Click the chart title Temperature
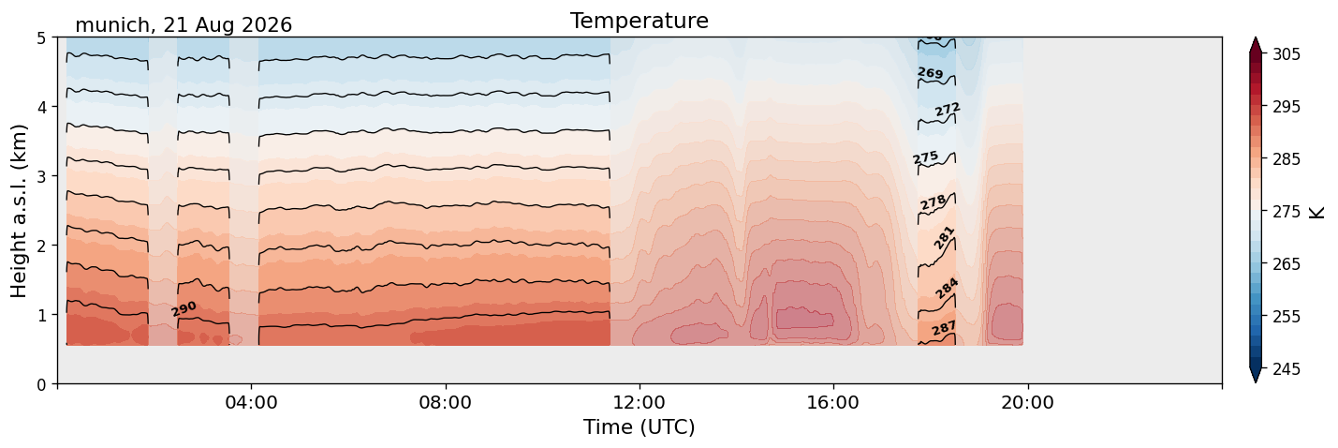pos(640,21)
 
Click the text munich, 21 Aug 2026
pos(184,25)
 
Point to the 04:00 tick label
pos(252,402)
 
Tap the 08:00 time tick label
pos(446,402)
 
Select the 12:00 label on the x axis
pos(640,402)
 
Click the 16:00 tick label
pos(833,402)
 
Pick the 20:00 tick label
pos(1027,402)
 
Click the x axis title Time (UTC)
pos(640,427)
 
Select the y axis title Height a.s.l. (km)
pos(19,211)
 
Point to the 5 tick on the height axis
pos(41,38)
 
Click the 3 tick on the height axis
pos(41,176)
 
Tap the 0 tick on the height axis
pos(41,384)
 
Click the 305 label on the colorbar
pos(1287,54)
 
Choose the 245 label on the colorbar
pos(1287,369)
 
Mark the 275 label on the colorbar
pos(1287,212)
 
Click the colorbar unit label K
pos(1316,212)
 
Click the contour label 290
pos(184,308)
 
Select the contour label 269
pos(930,72)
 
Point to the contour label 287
pos(944,328)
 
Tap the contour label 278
pos(933,202)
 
